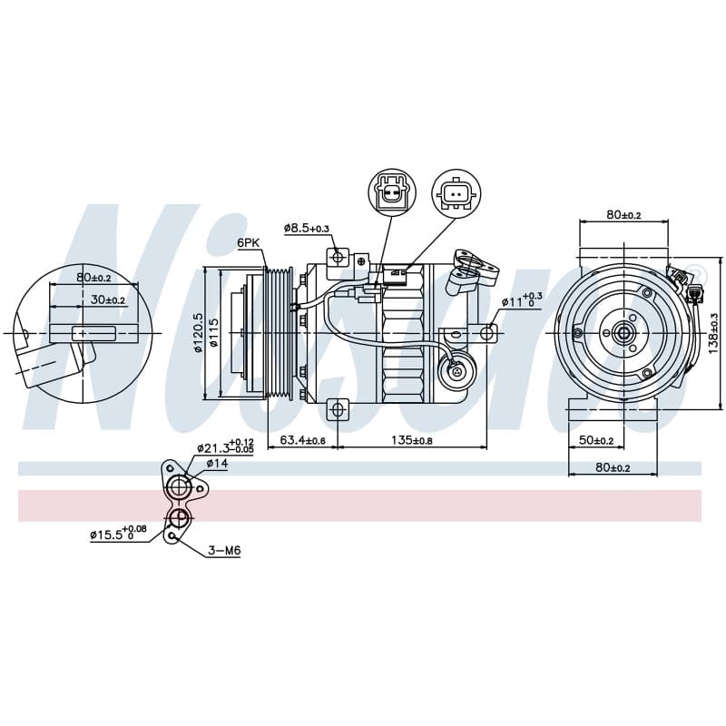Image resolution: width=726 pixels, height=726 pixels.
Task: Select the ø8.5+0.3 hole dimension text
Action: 307,228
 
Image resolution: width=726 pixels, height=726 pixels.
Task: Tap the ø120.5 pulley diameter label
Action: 198,332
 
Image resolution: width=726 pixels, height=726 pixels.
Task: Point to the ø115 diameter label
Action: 213,332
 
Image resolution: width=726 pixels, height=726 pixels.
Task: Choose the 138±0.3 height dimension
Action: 713,333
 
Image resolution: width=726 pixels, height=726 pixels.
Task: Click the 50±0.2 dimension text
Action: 596,440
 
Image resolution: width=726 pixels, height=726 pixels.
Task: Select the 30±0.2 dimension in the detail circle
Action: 108,299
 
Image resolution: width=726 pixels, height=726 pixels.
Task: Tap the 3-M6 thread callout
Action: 224,551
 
